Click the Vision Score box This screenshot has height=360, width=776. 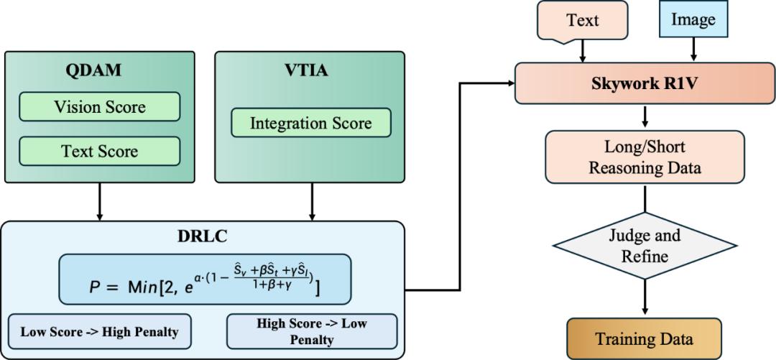(99, 108)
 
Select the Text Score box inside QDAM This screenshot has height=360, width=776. (99, 152)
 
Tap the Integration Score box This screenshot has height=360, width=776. (310, 124)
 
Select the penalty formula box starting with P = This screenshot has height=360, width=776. (205, 279)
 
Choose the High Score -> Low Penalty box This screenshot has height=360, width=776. (311, 331)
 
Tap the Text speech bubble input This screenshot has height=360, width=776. (582, 20)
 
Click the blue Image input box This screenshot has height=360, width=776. (693, 20)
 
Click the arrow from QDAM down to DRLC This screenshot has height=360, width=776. (99, 201)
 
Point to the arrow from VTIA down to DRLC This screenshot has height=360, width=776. (311, 201)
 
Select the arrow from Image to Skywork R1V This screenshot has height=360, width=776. (693, 49)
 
